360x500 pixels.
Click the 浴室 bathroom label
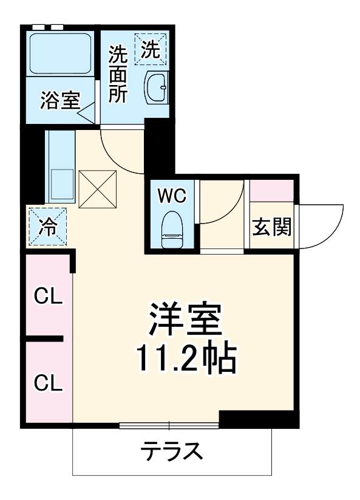pos(60,100)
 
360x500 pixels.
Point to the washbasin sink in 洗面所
pos(156,89)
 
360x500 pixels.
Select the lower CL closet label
pos(49,383)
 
